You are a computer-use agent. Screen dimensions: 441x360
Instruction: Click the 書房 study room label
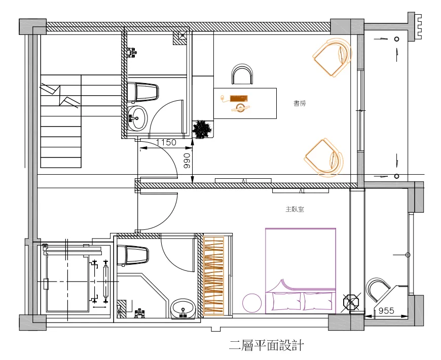pos(300,103)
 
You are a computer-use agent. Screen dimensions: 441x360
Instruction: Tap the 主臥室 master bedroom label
pos(295,210)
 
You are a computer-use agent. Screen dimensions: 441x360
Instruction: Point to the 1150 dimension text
pos(166,142)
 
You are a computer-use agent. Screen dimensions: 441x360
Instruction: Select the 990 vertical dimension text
pos(187,161)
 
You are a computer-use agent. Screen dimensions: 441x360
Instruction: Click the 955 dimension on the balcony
pos(386,310)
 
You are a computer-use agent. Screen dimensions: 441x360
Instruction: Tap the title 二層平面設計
pos(266,345)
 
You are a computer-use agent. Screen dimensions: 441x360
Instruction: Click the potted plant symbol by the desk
pos(202,129)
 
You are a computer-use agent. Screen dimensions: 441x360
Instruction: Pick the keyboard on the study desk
pos(239,98)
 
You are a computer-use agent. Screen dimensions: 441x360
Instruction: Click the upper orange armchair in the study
pos(332,57)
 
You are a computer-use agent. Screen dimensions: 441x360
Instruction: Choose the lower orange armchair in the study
pos(324,157)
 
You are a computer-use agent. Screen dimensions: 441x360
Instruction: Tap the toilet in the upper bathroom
pos(143,92)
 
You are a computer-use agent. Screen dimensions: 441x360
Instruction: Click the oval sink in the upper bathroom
pos(137,118)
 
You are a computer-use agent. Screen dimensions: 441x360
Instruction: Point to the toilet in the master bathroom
pos(132,255)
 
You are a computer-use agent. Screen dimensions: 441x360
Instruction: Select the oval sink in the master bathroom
pos(183,309)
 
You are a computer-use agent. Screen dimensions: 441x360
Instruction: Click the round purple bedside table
pos(252,303)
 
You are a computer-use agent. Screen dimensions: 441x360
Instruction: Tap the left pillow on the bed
pos(285,301)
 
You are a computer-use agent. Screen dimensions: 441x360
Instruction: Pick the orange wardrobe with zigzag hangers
pos(213,275)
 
